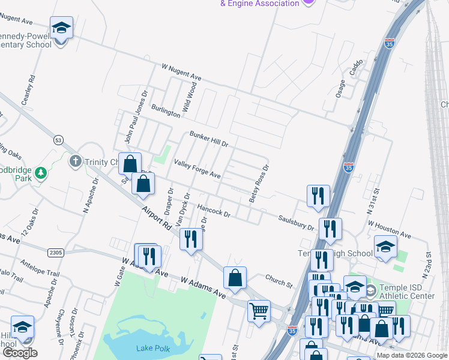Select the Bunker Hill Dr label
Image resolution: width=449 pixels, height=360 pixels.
(209, 139)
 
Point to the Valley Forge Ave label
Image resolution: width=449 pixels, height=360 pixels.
(197, 169)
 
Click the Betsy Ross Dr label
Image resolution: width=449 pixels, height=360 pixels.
(259, 184)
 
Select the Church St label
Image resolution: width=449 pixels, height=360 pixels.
(279, 280)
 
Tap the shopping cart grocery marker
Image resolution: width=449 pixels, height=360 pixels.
(259, 311)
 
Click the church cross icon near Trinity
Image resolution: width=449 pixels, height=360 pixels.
(75, 161)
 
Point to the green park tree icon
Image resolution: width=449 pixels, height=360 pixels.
(41, 173)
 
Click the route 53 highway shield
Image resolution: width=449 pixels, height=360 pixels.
(58, 140)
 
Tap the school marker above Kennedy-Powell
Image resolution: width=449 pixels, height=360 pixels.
(61, 28)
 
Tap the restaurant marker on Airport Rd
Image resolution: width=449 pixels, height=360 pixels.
(191, 238)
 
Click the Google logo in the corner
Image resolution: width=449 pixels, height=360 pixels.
(20, 353)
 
